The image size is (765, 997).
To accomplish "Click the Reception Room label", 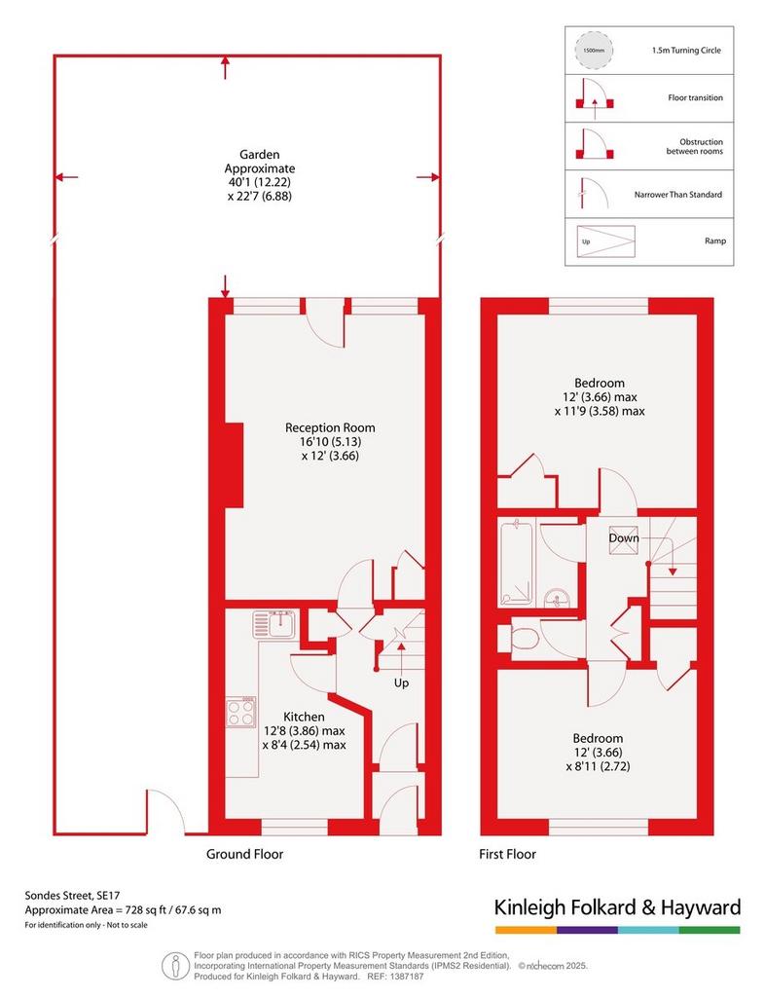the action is (x=330, y=428).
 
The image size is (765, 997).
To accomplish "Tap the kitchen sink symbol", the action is (x=273, y=624).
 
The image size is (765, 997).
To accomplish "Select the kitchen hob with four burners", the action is (x=241, y=712).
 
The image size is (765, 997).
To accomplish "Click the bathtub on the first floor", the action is (x=517, y=562).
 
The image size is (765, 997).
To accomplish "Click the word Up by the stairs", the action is (x=401, y=683).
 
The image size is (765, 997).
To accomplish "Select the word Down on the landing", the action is (x=624, y=537).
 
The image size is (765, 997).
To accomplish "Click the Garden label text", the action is (x=259, y=155).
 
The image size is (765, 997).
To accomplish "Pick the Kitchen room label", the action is (x=304, y=717).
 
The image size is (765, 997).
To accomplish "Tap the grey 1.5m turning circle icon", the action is (x=595, y=50).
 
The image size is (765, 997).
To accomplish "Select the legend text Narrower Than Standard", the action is (x=678, y=195).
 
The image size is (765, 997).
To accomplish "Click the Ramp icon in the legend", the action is (x=605, y=241).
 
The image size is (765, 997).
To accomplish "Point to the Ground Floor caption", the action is (x=244, y=854).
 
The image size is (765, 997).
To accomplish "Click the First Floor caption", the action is (x=508, y=854).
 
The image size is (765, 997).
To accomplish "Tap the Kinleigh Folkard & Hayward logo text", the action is (x=618, y=906).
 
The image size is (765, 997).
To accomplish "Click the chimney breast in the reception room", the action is (x=234, y=464).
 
